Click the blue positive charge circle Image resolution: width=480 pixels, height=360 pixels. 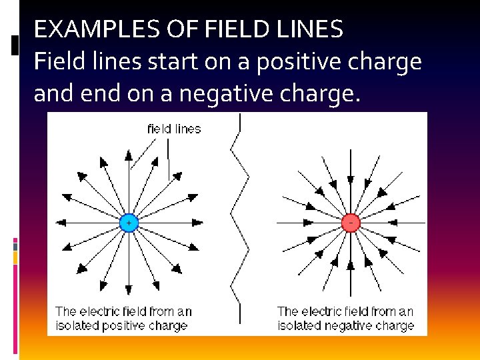point(129,223)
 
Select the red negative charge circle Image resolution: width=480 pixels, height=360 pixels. point(351,223)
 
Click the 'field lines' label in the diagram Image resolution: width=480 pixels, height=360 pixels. point(174,129)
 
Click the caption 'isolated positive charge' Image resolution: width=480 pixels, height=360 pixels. point(121,326)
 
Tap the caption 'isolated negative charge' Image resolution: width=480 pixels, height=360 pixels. point(345,326)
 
